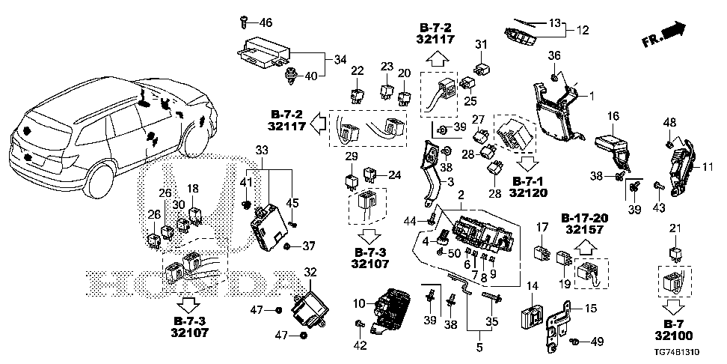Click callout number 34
click(340, 59)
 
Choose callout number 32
click(310, 272)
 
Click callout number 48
click(669, 122)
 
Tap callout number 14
click(533, 286)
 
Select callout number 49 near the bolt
click(596, 343)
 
